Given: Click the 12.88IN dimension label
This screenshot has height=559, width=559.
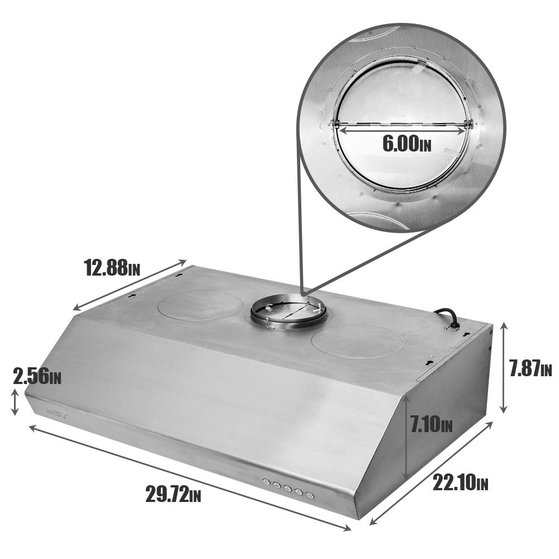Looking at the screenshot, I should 112,268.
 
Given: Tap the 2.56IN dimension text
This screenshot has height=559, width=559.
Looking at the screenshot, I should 37,376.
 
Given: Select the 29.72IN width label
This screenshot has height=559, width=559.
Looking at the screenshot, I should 173,494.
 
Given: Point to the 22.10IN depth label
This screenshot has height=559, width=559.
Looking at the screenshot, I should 460,482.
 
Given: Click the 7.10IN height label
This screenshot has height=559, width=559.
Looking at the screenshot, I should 430,425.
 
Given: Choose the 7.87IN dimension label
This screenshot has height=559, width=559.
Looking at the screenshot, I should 530,368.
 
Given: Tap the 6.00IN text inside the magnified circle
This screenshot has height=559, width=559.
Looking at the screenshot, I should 406,144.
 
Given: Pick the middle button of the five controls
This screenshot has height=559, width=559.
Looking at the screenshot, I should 288,489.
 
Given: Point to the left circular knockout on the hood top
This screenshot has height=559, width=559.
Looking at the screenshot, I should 200,305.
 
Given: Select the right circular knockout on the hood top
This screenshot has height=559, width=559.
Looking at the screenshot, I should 358,343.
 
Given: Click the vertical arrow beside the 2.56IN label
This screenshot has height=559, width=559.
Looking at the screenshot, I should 15,402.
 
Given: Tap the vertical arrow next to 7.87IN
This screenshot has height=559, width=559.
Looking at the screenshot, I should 504,368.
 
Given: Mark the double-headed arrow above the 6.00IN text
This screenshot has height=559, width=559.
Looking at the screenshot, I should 402,128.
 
